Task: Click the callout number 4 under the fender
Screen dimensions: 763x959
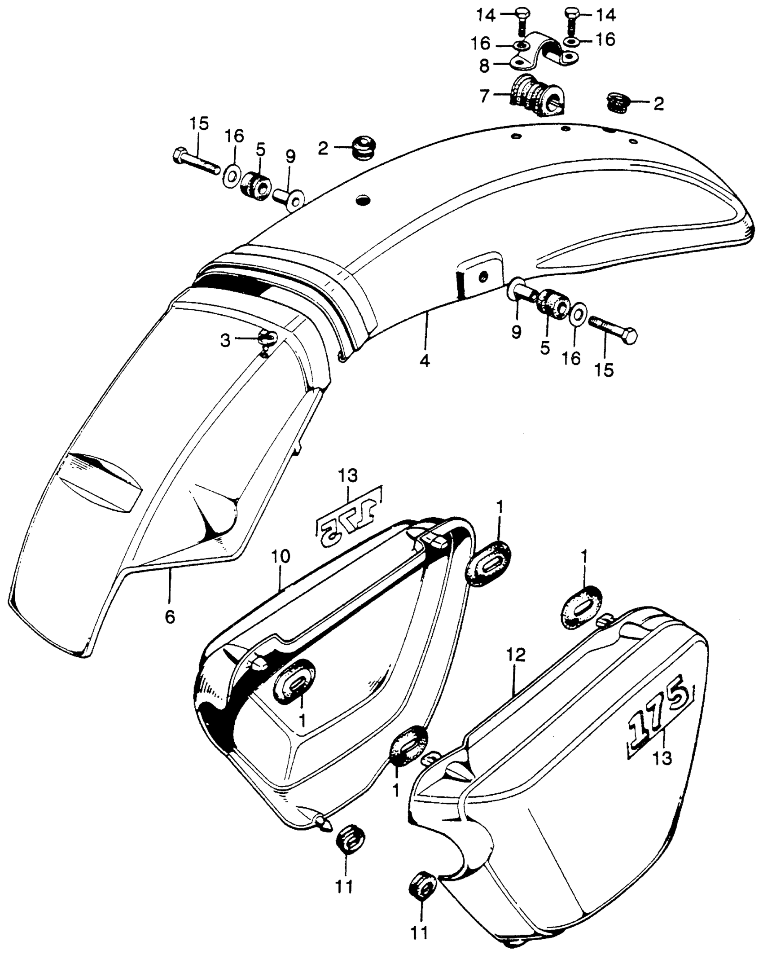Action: click(425, 360)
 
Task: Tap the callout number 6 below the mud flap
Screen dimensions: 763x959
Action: click(169, 617)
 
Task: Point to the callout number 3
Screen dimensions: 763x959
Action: click(225, 341)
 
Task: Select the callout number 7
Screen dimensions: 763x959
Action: click(483, 97)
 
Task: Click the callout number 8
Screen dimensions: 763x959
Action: click(483, 66)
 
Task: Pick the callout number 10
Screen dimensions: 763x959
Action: click(280, 557)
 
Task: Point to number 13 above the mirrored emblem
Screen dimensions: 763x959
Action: click(349, 475)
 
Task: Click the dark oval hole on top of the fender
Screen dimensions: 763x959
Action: click(363, 199)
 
